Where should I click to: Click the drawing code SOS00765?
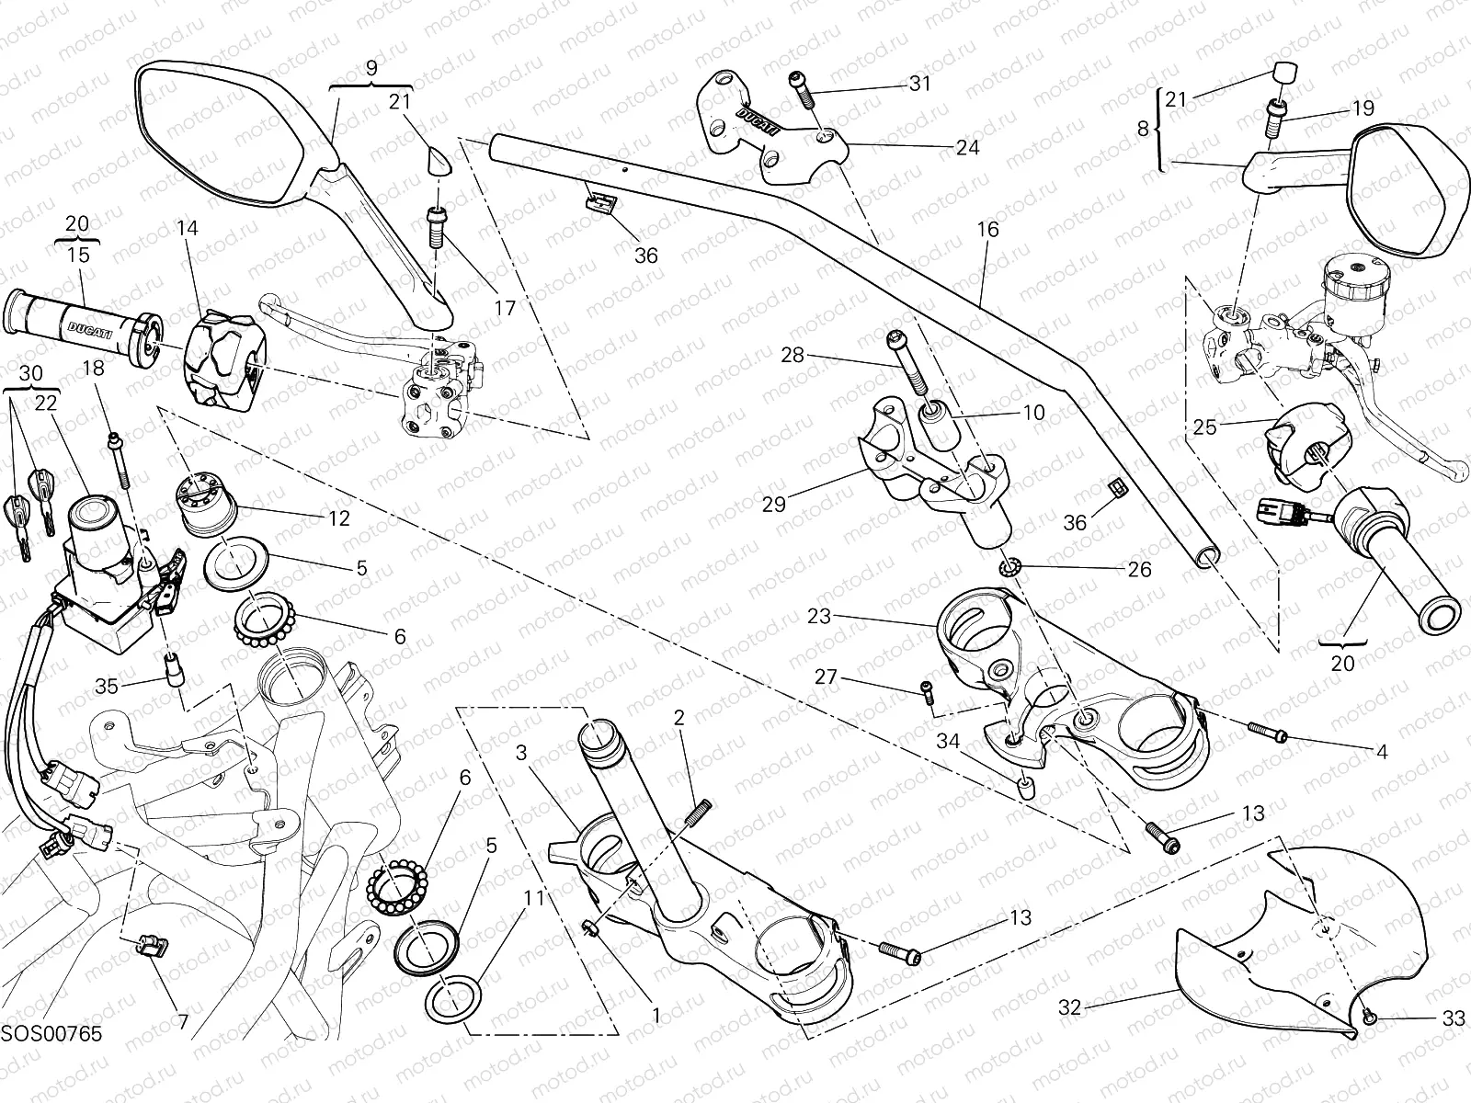pyautogui.click(x=51, y=1034)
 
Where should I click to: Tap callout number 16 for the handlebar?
pyautogui.click(x=987, y=230)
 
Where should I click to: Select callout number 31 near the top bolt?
pyautogui.click(x=919, y=84)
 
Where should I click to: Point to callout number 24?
pyautogui.click(x=967, y=147)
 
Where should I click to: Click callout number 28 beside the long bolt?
pyautogui.click(x=792, y=355)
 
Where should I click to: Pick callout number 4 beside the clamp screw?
pyautogui.click(x=1381, y=751)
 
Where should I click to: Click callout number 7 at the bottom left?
pyautogui.click(x=183, y=1022)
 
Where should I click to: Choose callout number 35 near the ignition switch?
pyautogui.click(x=108, y=686)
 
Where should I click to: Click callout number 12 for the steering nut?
pyautogui.click(x=338, y=518)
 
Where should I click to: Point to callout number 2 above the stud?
pyautogui.click(x=679, y=718)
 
